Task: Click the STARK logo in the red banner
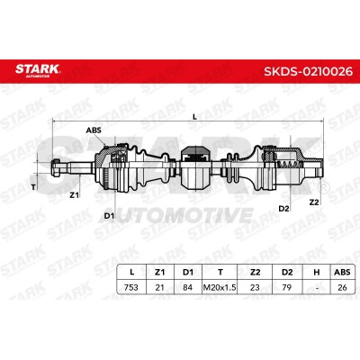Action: coord(38,70)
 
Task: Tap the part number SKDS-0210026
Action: coord(308,71)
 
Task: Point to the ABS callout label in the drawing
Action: coord(94,130)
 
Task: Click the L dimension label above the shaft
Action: coord(195,117)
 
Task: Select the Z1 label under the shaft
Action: coord(74,195)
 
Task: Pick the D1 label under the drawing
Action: coord(109,215)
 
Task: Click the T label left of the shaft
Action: coord(33,187)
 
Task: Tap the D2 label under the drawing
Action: coord(283,209)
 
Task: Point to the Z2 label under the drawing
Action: coord(314,202)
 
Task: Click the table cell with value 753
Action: coord(131,287)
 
